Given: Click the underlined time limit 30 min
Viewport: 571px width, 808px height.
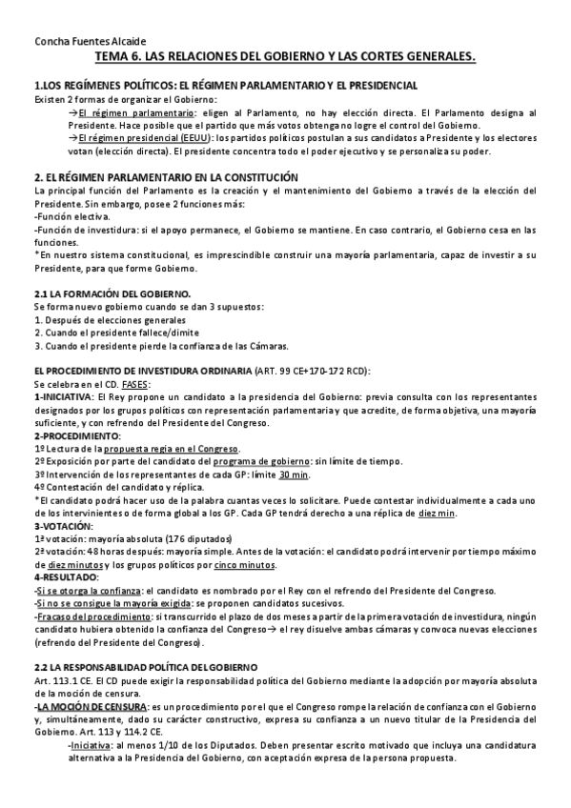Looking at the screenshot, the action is pyautogui.click(x=295, y=474).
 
